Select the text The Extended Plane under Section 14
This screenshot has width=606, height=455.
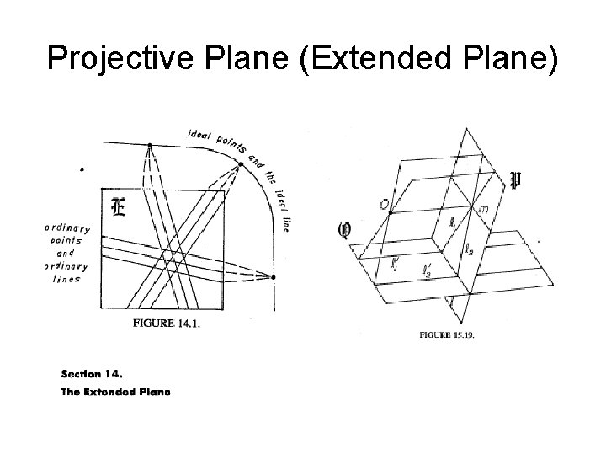click(x=115, y=391)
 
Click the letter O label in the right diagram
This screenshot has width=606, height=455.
click(x=383, y=204)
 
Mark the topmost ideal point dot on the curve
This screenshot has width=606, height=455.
click(x=149, y=145)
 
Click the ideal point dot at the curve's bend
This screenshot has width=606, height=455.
click(x=240, y=164)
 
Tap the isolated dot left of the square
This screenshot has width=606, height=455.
click(x=82, y=169)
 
